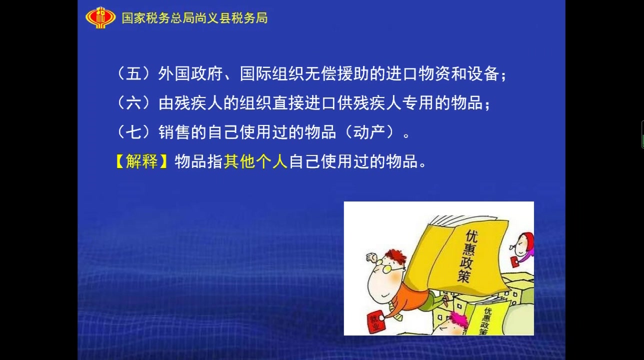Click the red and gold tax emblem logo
[100, 17]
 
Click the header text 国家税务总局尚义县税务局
[194, 18]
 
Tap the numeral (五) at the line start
[134, 74]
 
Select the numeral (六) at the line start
[134, 103]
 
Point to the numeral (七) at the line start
[134, 132]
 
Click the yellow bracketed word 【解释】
[141, 161]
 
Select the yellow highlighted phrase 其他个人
[255, 161]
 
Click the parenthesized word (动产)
[369, 132]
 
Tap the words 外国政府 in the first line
[190, 74]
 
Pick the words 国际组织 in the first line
[271, 74]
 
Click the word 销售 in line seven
[174, 132]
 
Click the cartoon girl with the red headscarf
[522, 248]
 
